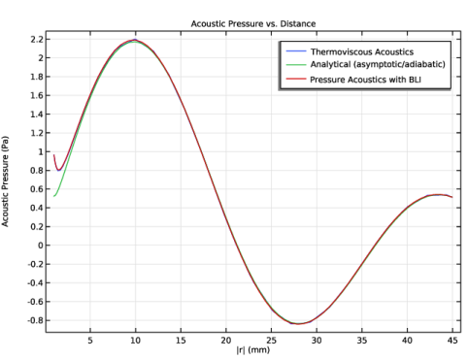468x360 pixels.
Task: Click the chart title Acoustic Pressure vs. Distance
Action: (x=253, y=24)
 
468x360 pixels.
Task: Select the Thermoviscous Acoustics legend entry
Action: (x=362, y=51)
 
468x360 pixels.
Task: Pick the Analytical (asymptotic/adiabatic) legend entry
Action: (x=378, y=64)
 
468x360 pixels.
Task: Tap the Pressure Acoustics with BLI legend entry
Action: (x=365, y=80)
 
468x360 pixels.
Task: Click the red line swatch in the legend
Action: (x=296, y=80)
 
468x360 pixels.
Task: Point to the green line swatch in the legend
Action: (x=296, y=65)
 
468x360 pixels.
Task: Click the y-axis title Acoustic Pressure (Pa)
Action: (x=5, y=181)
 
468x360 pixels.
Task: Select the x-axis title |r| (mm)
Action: (x=253, y=349)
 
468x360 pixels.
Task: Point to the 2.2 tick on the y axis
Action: (x=36, y=40)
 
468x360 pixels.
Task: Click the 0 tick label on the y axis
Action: (x=40, y=245)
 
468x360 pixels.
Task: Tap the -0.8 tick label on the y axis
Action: (x=35, y=320)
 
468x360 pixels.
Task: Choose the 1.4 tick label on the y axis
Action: (x=36, y=115)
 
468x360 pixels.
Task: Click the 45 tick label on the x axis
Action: (x=452, y=341)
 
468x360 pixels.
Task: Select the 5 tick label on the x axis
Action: (x=90, y=341)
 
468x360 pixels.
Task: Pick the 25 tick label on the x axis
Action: (x=271, y=341)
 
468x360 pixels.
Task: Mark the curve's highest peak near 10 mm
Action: (x=135, y=40)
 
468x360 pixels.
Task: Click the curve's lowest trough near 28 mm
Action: (x=298, y=324)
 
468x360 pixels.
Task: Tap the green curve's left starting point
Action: (x=54, y=196)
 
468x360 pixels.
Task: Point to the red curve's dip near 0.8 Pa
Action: (x=58, y=170)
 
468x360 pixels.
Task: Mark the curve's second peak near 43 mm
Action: (x=438, y=195)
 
